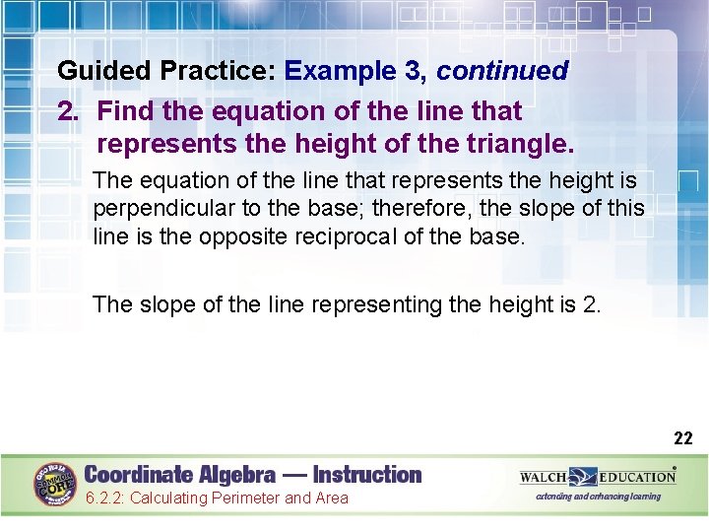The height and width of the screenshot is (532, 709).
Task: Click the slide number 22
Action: point(682,437)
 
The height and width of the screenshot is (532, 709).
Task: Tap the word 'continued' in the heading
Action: point(502,71)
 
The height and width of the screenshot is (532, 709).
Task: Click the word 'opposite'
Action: point(252,236)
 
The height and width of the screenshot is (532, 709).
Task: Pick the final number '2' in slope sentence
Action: point(589,304)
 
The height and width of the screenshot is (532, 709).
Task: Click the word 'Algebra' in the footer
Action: point(231,474)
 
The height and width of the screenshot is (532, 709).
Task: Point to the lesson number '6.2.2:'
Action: point(104,499)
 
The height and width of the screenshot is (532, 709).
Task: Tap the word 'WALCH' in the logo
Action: point(544,477)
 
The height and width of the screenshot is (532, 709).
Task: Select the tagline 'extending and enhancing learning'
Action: point(598,497)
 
